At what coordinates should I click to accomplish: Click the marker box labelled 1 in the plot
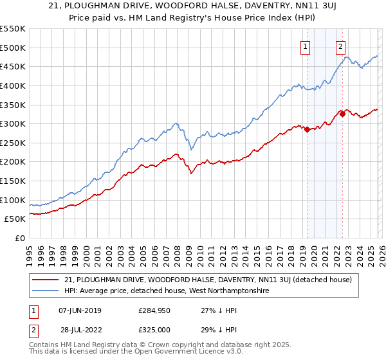tap(304, 46)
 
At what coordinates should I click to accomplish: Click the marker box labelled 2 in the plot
tap(340, 46)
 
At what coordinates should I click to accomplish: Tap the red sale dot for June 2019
tap(307, 129)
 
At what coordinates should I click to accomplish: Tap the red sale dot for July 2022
tap(342, 114)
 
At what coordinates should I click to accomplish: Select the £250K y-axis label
tap(13, 143)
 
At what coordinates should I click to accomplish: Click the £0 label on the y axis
tap(19, 238)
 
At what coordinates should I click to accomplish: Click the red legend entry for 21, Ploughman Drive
tap(208, 280)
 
